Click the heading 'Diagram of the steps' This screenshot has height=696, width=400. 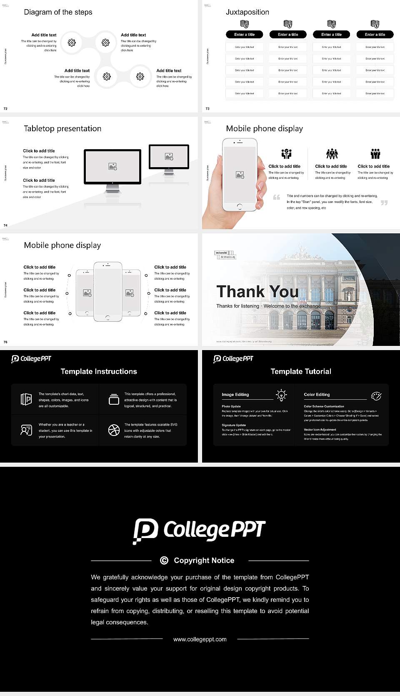pos(58,12)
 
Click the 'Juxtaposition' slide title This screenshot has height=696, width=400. pos(247,12)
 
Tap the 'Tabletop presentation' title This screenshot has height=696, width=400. pos(62,129)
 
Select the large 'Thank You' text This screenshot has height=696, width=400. pos(257,292)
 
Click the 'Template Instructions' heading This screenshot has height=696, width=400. pos(99,371)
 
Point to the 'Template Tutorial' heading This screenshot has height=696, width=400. pos(301,371)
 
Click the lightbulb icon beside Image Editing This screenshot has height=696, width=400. pos(281,395)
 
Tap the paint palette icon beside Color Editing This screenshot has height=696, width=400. pos(376,396)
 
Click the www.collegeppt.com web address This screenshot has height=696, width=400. pos(200,639)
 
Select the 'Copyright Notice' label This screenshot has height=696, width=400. pos(204,561)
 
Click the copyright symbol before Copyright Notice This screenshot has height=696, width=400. pos(164,561)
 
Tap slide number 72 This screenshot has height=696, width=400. pos(5,109)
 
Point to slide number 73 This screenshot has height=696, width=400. pos(207,109)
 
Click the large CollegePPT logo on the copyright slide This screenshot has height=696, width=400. pos(199,531)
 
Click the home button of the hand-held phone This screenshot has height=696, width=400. pos(240,206)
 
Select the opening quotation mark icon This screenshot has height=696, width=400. pos(277,197)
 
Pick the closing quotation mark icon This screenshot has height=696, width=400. pos(384,203)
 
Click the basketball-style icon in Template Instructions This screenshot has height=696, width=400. pos(114,430)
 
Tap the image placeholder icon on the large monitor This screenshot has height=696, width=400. pos(112,166)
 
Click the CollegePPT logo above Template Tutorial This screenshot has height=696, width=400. pos(233,359)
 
